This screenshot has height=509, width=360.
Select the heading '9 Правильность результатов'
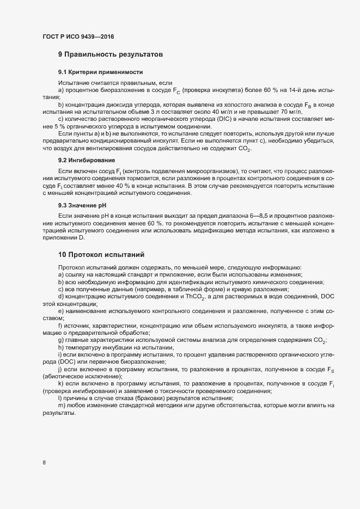pos(111,55)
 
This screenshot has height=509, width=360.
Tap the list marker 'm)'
pos(62,406)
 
